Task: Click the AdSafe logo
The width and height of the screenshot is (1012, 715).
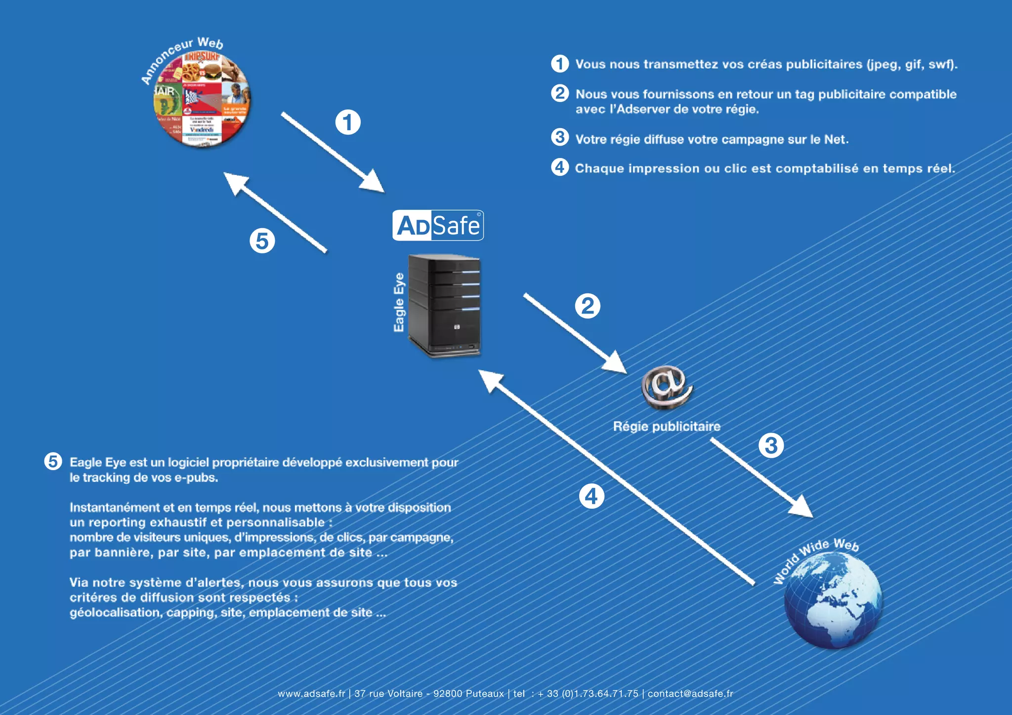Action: [438, 226]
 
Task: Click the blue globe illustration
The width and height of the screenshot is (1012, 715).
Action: [834, 600]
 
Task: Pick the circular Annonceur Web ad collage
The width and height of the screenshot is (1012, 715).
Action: [202, 99]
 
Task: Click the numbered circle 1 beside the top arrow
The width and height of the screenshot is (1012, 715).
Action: [348, 122]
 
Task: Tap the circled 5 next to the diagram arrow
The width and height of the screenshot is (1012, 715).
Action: [262, 241]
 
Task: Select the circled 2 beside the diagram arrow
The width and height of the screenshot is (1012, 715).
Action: [588, 306]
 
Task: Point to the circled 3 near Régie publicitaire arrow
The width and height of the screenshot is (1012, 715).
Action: [771, 445]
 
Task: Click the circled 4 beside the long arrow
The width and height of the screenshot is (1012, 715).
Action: [591, 496]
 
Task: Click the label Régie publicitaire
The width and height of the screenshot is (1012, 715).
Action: [667, 426]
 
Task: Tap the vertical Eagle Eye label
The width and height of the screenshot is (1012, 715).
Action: [399, 302]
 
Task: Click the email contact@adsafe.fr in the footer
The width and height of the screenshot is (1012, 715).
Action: [690, 693]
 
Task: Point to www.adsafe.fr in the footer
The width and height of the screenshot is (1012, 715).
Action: [311, 693]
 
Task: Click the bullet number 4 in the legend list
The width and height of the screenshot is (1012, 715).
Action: [559, 167]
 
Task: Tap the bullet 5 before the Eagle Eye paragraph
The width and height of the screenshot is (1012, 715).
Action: [53, 461]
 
